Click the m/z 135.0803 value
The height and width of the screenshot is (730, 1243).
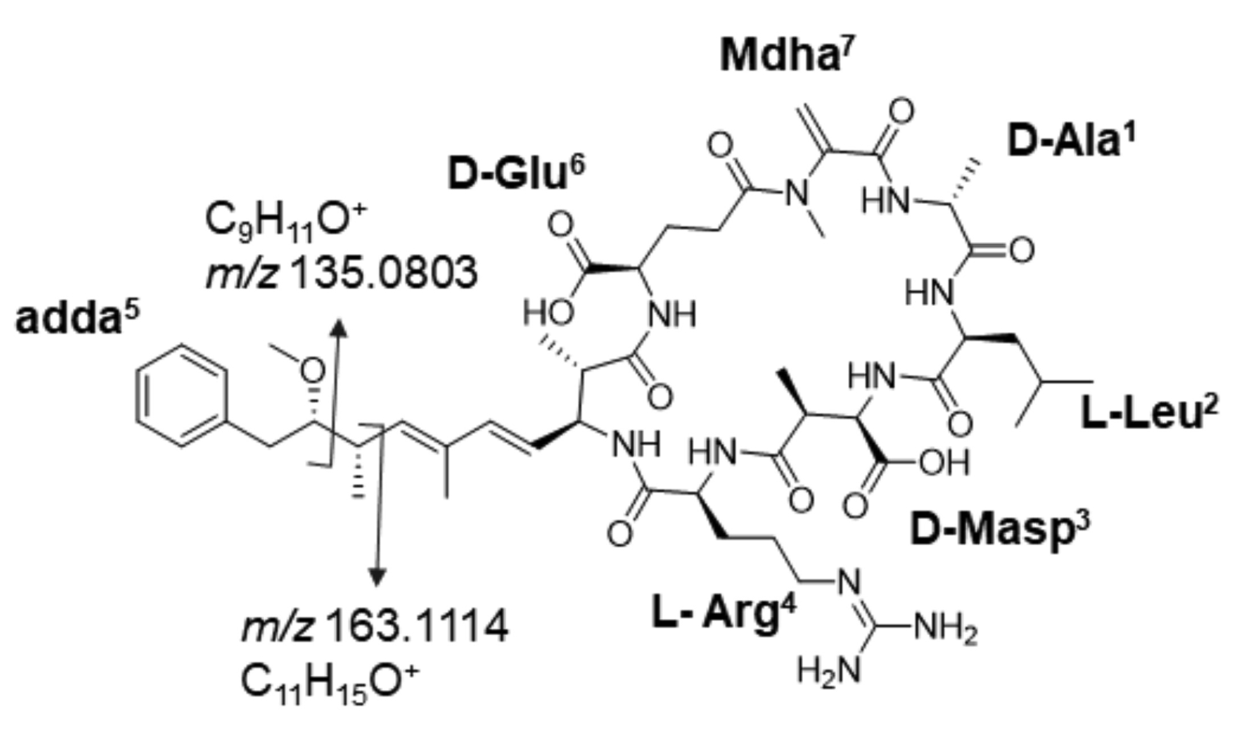pyautogui.click(x=342, y=273)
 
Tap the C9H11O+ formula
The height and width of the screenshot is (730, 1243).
pyautogui.click(x=287, y=221)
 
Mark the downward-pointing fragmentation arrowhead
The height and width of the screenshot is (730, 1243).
pyautogui.click(x=376, y=578)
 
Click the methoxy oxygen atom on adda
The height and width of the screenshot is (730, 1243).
pyautogui.click(x=313, y=371)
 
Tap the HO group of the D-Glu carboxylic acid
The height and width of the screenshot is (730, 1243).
pyautogui.click(x=548, y=313)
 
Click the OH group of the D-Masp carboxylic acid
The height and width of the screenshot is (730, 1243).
pyautogui.click(x=943, y=462)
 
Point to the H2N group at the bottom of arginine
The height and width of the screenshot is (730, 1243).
pyautogui.click(x=829, y=672)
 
